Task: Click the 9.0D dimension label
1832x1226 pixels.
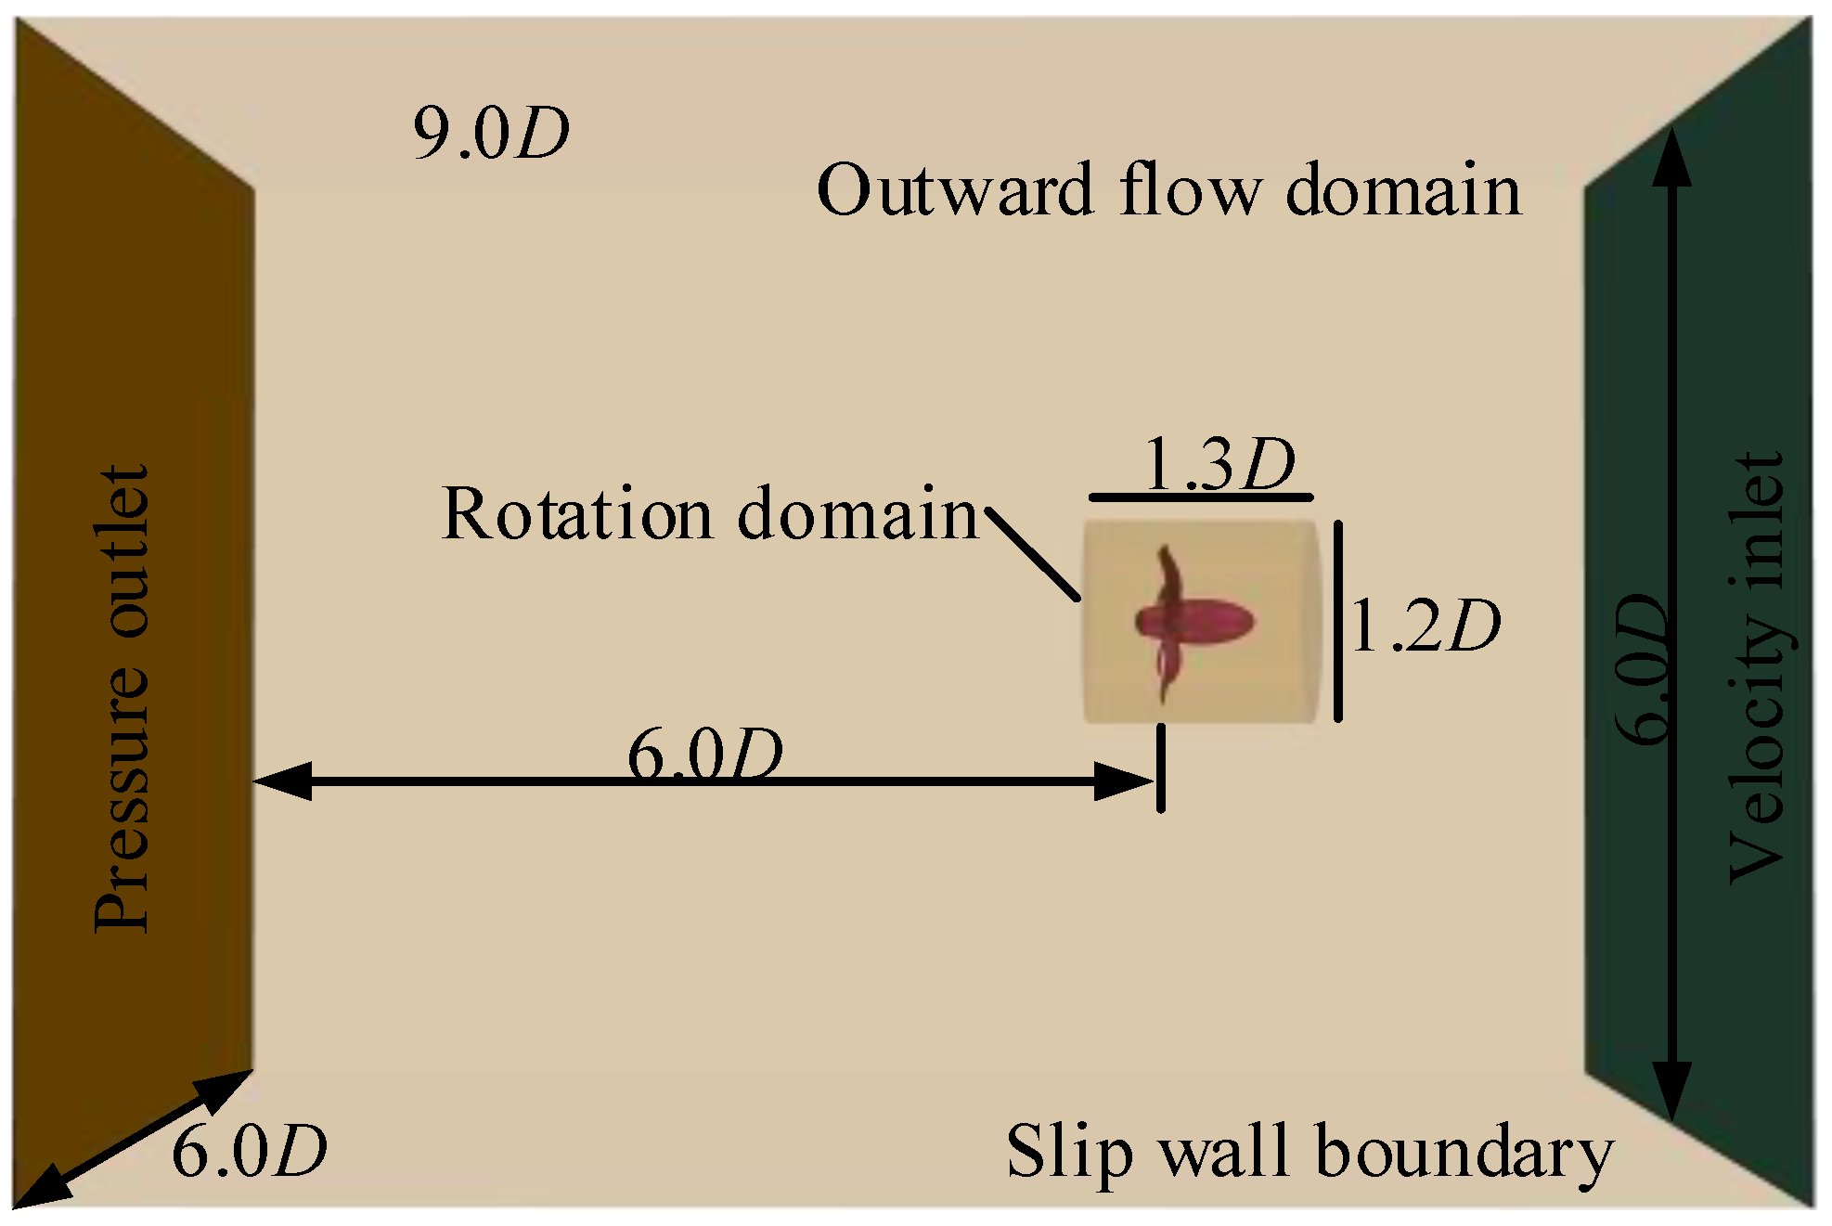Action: (490, 134)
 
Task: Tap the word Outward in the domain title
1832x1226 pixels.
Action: (955, 190)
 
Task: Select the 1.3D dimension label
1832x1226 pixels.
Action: (1219, 463)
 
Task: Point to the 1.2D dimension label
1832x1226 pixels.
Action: (1425, 626)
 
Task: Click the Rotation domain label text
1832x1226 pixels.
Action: (710, 513)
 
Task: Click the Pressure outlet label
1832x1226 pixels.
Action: (122, 698)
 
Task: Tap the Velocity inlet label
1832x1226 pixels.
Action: (1756, 668)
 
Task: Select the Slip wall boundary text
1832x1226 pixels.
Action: (1309, 1152)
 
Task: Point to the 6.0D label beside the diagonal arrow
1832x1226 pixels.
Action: (249, 1152)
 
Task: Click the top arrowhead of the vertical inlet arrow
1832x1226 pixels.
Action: (1671, 158)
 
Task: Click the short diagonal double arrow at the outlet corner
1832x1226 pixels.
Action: (133, 1139)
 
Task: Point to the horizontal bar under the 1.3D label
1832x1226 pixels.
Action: (1201, 498)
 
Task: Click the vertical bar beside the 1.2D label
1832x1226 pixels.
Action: (1337, 622)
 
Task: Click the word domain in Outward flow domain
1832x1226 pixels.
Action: (1403, 190)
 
